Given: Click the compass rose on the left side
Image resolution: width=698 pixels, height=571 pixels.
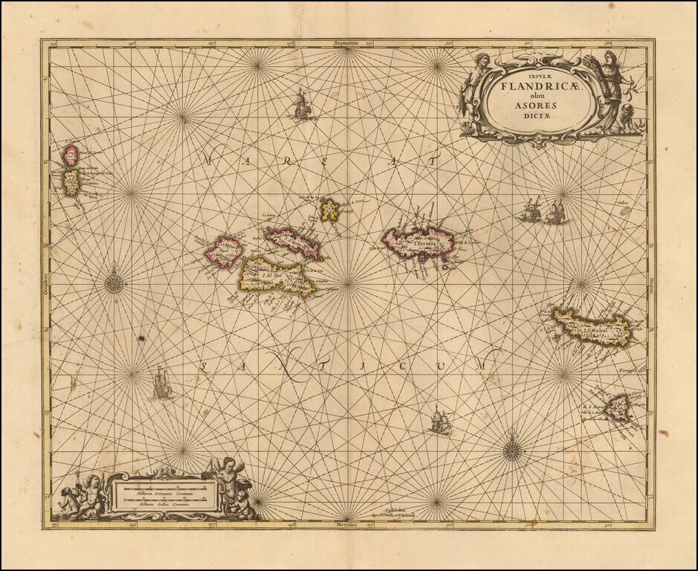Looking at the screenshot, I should (113, 283).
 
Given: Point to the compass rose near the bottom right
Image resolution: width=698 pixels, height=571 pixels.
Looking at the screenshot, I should (511, 448).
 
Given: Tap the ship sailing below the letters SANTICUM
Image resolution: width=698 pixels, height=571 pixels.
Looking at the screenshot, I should (439, 422).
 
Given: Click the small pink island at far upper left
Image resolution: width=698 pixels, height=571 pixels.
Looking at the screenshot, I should (71, 155).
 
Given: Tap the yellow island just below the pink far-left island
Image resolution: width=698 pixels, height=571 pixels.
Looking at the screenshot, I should (71, 181).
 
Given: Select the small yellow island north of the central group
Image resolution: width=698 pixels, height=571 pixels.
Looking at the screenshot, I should (329, 210).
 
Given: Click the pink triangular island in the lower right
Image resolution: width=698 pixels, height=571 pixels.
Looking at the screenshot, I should (616, 407).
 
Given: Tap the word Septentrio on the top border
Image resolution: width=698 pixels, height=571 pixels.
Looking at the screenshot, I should (348, 45).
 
